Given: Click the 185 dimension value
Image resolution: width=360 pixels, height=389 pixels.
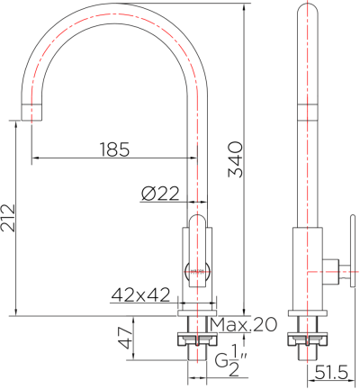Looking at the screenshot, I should (x=113, y=148).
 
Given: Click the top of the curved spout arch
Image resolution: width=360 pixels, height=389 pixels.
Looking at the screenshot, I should (x=115, y=11).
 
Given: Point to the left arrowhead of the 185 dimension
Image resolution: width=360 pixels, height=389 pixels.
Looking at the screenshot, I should (x=37, y=158).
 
